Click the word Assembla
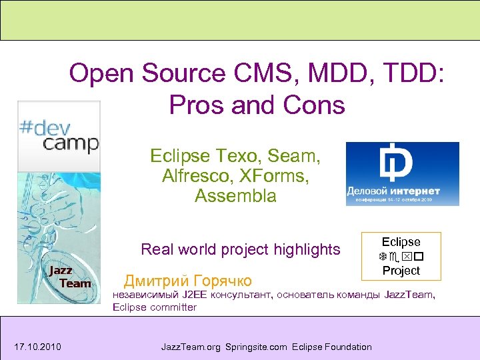[235, 196]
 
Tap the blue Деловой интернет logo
[402, 174]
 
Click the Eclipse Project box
[401, 256]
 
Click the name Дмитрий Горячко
[188, 279]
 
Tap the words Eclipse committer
[155, 307]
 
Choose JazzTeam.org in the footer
[192, 346]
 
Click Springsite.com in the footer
[256, 346]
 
